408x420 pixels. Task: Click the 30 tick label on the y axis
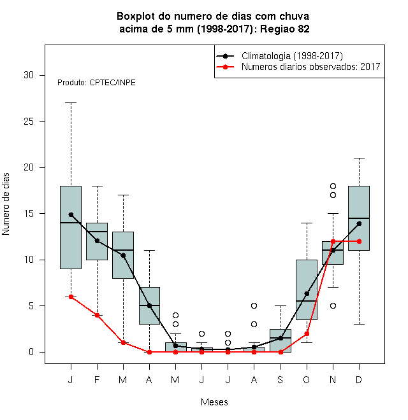(29, 75)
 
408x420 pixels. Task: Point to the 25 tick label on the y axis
(29, 122)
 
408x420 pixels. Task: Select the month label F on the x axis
(97, 379)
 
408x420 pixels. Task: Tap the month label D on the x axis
(359, 379)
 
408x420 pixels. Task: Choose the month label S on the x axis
(280, 379)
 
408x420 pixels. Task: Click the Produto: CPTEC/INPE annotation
(96, 83)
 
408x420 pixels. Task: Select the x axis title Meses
(214, 402)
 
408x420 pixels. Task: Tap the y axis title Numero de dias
(6, 204)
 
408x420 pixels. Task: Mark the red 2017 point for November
(333, 241)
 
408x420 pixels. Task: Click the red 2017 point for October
(307, 333)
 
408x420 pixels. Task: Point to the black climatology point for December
(359, 223)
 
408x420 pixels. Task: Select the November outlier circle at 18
(333, 186)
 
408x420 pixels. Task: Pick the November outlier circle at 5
(333, 305)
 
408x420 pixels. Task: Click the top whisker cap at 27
(71, 102)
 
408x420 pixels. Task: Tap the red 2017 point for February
(97, 315)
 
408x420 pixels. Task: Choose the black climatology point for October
(307, 293)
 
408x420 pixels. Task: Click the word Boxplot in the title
(136, 17)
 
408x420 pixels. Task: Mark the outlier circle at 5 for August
(254, 305)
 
